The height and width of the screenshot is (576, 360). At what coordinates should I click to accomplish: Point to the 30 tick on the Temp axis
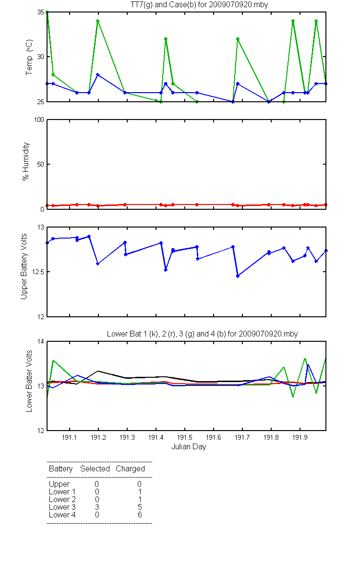(x=41, y=57)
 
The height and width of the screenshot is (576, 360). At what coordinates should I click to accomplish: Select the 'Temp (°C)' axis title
(x=29, y=57)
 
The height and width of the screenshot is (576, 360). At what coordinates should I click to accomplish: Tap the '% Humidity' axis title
(x=26, y=161)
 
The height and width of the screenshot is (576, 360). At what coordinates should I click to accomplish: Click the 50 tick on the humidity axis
(x=41, y=164)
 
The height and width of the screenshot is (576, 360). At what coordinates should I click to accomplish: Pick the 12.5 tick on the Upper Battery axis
(x=38, y=272)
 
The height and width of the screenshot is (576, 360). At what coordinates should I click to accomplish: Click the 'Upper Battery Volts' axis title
(x=24, y=266)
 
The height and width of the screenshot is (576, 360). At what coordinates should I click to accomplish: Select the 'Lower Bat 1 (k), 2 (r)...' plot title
(x=202, y=334)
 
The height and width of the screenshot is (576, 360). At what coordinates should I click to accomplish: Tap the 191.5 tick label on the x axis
(x=185, y=437)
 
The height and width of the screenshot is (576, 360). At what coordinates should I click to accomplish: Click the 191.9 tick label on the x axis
(x=300, y=437)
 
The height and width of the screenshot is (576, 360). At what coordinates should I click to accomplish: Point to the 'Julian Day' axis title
(x=189, y=447)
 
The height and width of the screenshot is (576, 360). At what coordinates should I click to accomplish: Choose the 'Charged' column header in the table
(x=130, y=468)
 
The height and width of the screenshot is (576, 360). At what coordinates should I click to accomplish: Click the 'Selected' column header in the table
(x=95, y=468)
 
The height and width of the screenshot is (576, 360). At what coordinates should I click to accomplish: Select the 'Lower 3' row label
(x=62, y=507)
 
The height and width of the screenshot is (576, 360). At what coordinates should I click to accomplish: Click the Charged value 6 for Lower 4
(x=140, y=515)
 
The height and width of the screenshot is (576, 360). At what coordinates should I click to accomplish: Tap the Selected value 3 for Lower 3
(x=97, y=507)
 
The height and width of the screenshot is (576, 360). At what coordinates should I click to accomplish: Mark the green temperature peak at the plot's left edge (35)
(x=47, y=12)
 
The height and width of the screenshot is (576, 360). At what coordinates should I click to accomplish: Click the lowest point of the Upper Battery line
(x=238, y=276)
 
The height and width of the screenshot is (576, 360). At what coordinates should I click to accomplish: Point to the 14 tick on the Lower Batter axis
(x=41, y=341)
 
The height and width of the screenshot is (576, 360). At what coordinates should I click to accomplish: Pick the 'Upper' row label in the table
(x=59, y=484)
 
